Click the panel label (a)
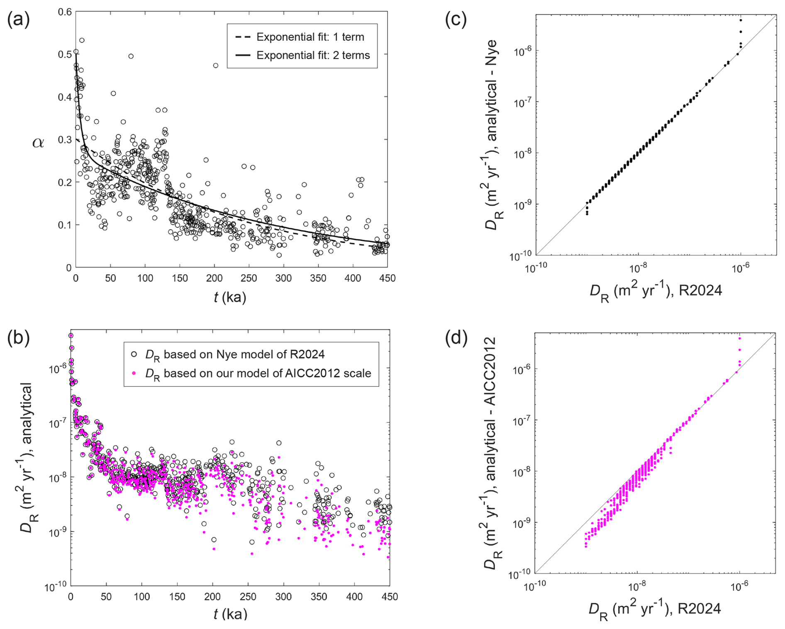point(19,20)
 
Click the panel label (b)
point(19,338)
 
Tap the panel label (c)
point(456,20)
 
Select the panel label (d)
point(456,338)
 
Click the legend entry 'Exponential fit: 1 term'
point(310,37)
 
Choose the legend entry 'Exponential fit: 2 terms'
point(313,55)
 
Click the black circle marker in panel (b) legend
point(134,354)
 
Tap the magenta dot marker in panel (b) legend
point(134,373)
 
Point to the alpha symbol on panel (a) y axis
point(38,143)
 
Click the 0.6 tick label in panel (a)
point(65,12)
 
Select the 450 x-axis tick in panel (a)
point(388,278)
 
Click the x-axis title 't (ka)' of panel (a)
point(230,297)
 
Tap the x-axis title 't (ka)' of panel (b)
point(230,614)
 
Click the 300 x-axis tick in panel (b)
point(284,597)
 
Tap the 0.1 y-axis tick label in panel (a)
point(65,225)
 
